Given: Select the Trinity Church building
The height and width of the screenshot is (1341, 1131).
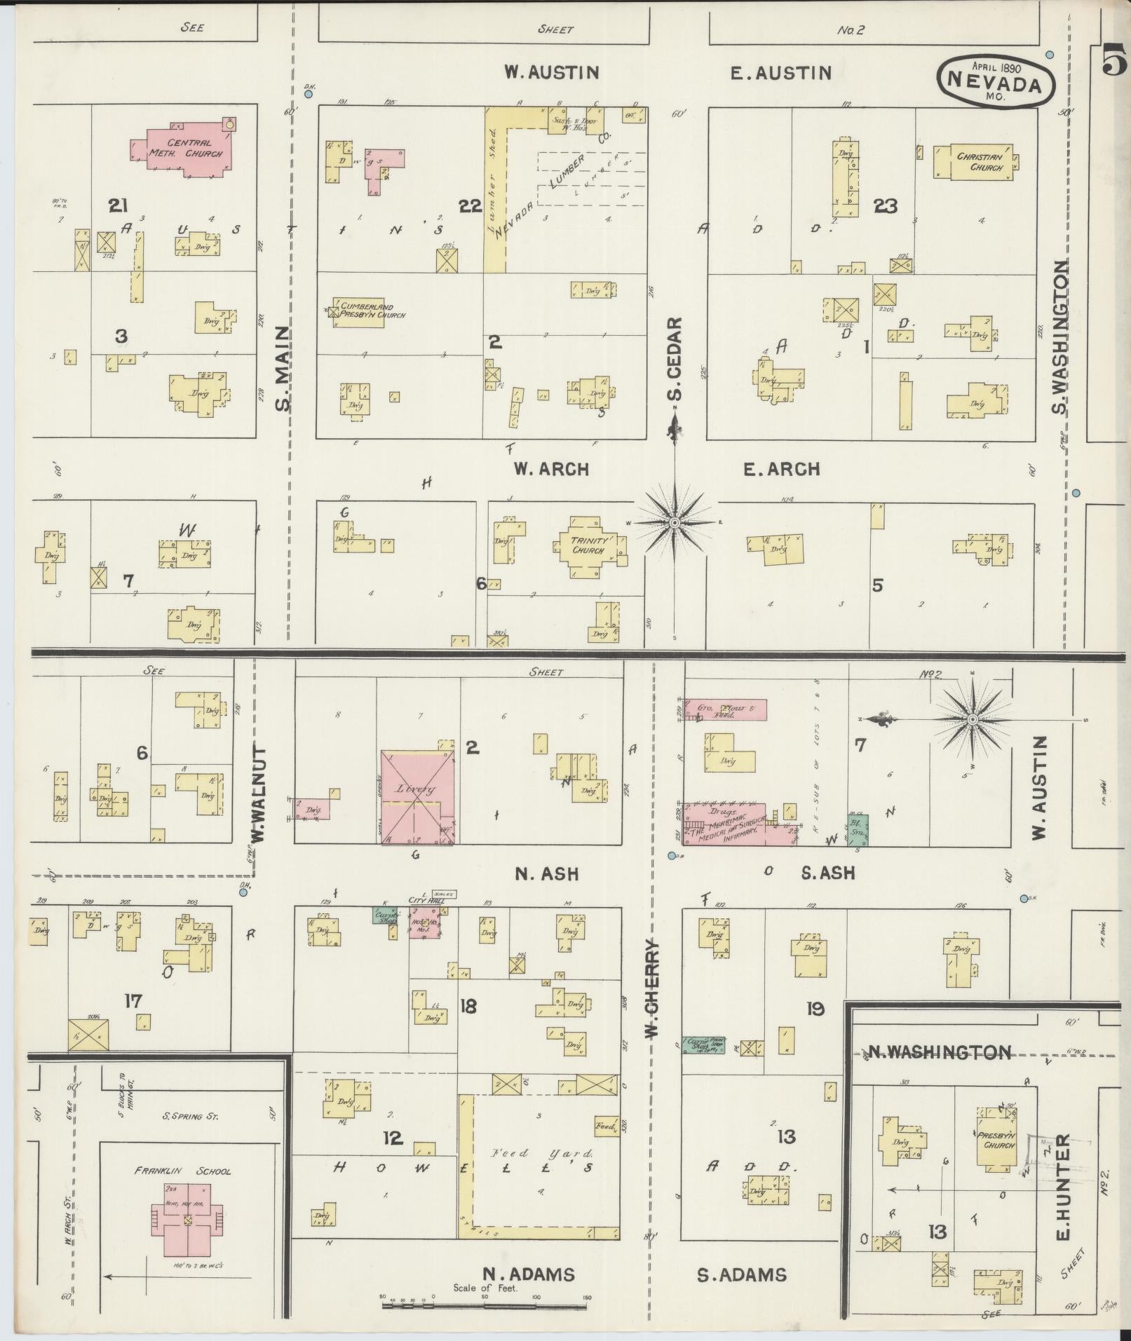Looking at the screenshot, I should pos(588,546).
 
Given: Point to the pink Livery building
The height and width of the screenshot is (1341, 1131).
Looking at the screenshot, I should pos(417,797).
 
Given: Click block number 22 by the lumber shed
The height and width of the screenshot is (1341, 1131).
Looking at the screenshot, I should pos(470,205).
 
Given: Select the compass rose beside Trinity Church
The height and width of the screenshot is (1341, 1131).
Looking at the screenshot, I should pos(675,523).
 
